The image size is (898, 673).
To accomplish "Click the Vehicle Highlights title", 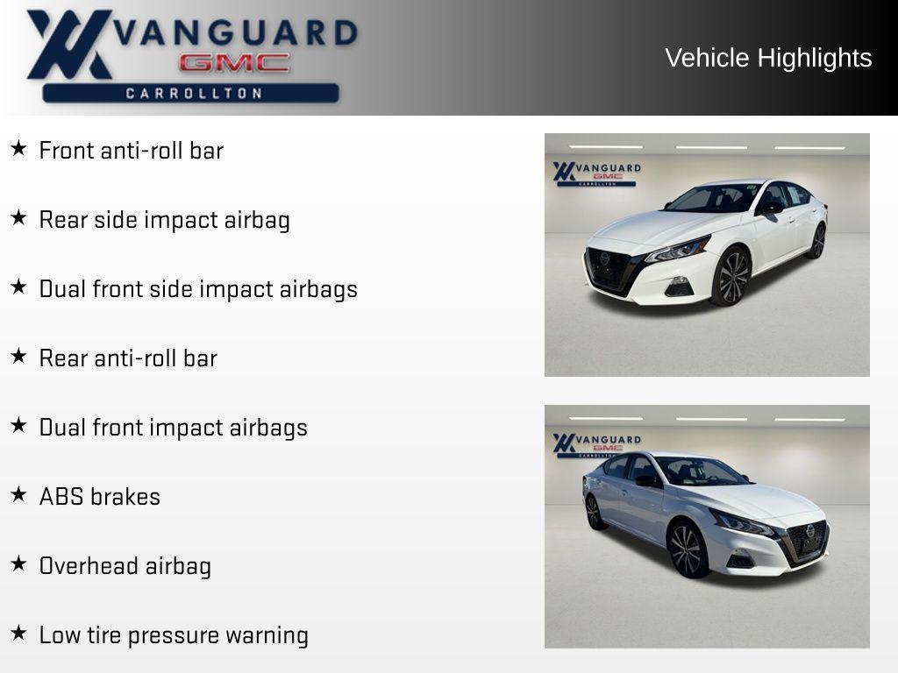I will (768, 58).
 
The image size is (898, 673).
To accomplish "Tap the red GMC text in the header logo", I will (234, 63).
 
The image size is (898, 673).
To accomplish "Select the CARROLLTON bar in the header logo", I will (191, 93).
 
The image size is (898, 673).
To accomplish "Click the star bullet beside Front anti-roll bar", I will (18, 148).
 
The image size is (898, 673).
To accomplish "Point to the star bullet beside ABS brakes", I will (18, 494).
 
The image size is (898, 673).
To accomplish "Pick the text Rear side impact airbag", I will (164, 220).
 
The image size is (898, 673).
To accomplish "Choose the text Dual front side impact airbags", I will (198, 289).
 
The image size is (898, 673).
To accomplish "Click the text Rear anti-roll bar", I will (128, 358).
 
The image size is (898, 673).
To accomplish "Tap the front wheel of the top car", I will (731, 276).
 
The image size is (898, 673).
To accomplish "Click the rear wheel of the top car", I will (817, 240).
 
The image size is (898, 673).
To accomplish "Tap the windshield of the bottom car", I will (702, 472).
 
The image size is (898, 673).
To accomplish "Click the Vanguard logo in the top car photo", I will (596, 173).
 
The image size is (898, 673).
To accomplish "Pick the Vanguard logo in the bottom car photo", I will (596, 444).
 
